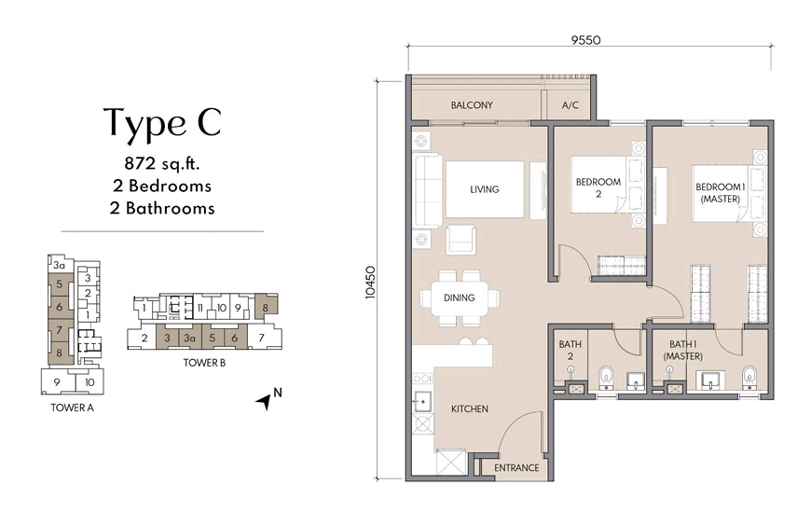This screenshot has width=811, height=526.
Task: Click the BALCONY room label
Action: pyautogui.click(x=472, y=105)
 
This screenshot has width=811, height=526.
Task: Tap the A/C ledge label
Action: pyautogui.click(x=570, y=105)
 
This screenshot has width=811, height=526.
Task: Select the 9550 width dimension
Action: pyautogui.click(x=586, y=40)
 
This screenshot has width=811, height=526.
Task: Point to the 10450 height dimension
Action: pyautogui.click(x=370, y=283)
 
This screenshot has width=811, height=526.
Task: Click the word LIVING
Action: pyautogui.click(x=485, y=189)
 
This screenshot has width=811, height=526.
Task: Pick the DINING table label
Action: pyautogui.click(x=460, y=298)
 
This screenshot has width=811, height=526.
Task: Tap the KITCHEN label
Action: pyautogui.click(x=470, y=409)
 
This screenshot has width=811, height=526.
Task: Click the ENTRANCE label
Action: pyautogui.click(x=516, y=468)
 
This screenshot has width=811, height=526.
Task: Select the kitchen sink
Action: pyautogui.click(x=422, y=400)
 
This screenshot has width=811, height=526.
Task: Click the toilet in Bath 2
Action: pyautogui.click(x=605, y=378)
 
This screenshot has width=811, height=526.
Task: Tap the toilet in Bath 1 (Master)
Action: pyautogui.click(x=749, y=378)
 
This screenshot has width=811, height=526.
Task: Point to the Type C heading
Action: pyautogui.click(x=163, y=122)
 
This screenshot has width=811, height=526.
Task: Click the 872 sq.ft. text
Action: pyautogui.click(x=162, y=163)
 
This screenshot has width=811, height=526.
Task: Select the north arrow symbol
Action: pyautogui.click(x=265, y=401)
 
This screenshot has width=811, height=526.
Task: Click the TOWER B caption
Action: pyautogui.click(x=204, y=363)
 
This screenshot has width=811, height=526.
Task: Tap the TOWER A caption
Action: pyautogui.click(x=72, y=408)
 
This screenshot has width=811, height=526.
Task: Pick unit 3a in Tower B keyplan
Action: pyautogui.click(x=189, y=339)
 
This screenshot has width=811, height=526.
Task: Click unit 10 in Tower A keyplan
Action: pyautogui.click(x=89, y=382)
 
